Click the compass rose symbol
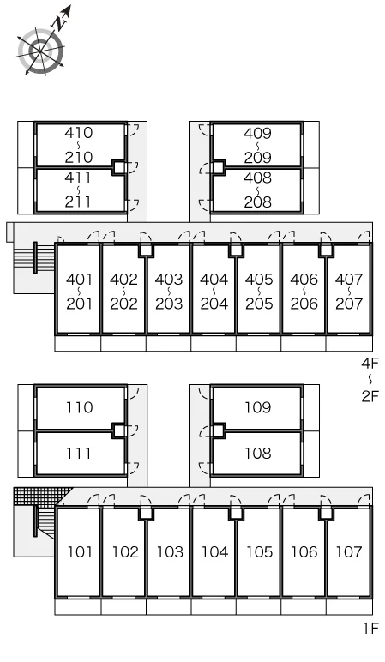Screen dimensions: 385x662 point(41,51)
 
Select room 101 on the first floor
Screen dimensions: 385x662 point(78,551)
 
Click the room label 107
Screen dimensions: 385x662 point(349,551)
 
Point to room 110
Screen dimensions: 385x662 point(81,407)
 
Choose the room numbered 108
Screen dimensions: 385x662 point(257,454)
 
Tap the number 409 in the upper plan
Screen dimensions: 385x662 point(257,134)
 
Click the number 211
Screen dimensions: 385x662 point(79,202)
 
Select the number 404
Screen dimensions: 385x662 point(214,280)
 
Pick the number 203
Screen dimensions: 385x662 point(169,304)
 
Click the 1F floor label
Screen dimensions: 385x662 point(370,629)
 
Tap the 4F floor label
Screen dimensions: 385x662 point(370,363)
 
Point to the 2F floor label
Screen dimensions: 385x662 point(370,396)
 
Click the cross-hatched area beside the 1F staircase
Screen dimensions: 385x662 point(41,496)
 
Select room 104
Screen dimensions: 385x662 point(214,551)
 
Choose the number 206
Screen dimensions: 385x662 point(304,304)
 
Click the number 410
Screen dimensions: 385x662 point(79,133)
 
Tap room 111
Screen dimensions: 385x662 point(81,454)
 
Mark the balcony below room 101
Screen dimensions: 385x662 point(78,606)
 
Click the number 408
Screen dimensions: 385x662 point(257,178)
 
